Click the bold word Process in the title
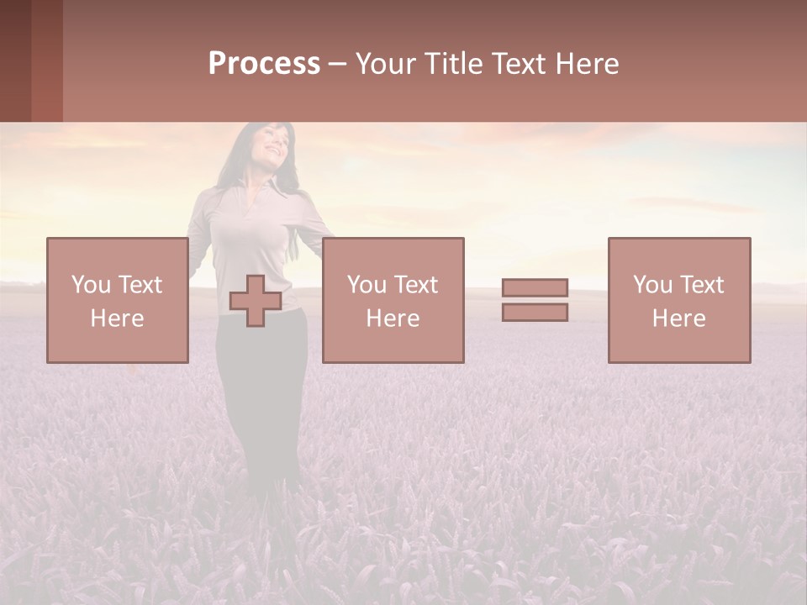click(264, 64)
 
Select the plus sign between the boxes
click(255, 301)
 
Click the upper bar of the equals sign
click(535, 287)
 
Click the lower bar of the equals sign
click(535, 313)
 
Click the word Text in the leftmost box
click(140, 285)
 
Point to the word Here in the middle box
click(393, 318)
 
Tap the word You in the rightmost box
click(653, 285)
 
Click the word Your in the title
click(384, 64)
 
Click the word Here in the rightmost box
click(678, 318)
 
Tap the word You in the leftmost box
click(91, 285)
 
